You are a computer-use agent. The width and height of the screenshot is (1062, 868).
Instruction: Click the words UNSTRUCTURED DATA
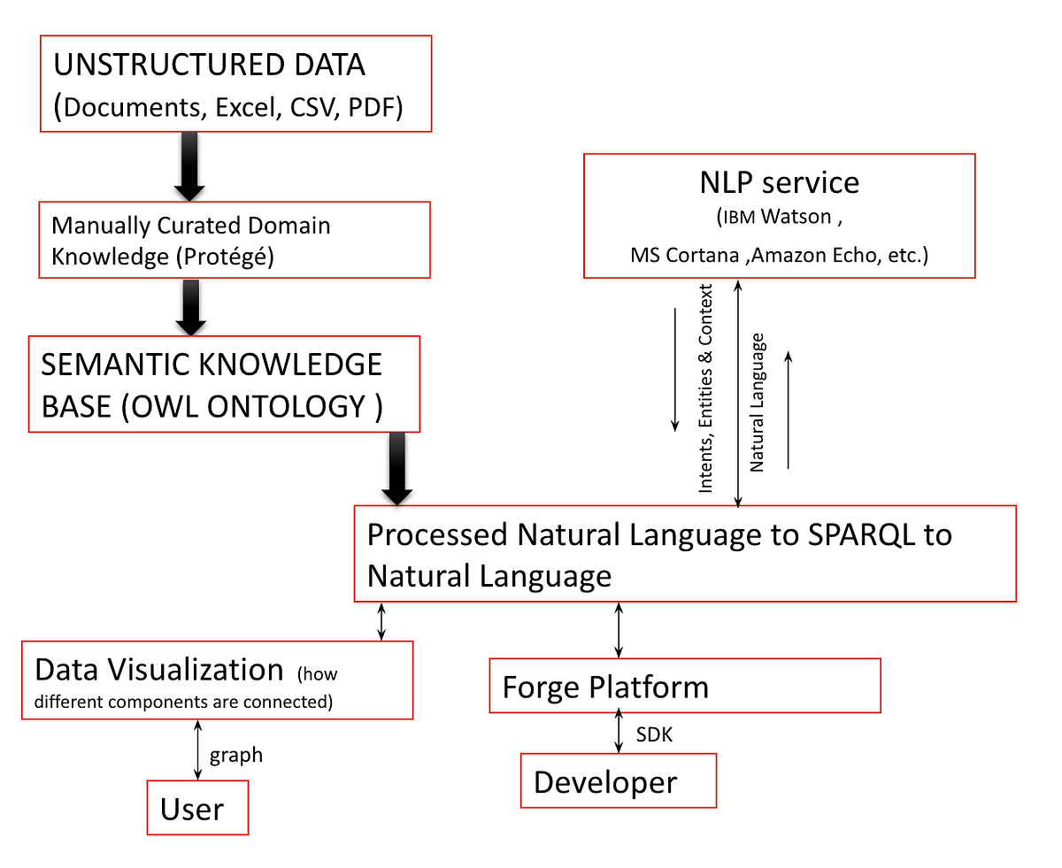tap(209, 65)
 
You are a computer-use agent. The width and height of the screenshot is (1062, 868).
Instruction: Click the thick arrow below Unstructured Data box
tap(189, 165)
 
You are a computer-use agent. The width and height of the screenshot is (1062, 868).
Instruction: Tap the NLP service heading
tap(779, 182)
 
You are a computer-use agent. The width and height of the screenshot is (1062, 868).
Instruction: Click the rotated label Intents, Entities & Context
tap(706, 388)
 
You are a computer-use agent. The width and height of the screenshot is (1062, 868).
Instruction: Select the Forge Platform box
tap(684, 687)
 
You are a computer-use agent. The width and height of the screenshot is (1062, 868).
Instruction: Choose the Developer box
tap(617, 781)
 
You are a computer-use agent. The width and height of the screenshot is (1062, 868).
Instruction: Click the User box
tap(197, 809)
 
